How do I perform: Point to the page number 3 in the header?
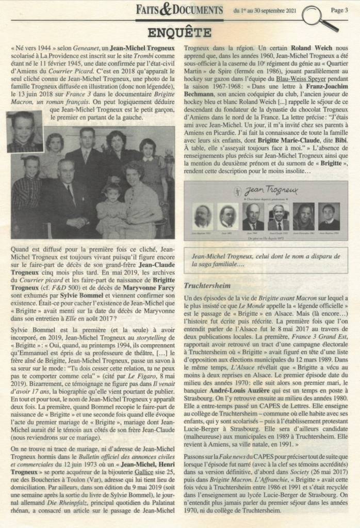pos(337,9)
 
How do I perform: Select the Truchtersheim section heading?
pos(213,284)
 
